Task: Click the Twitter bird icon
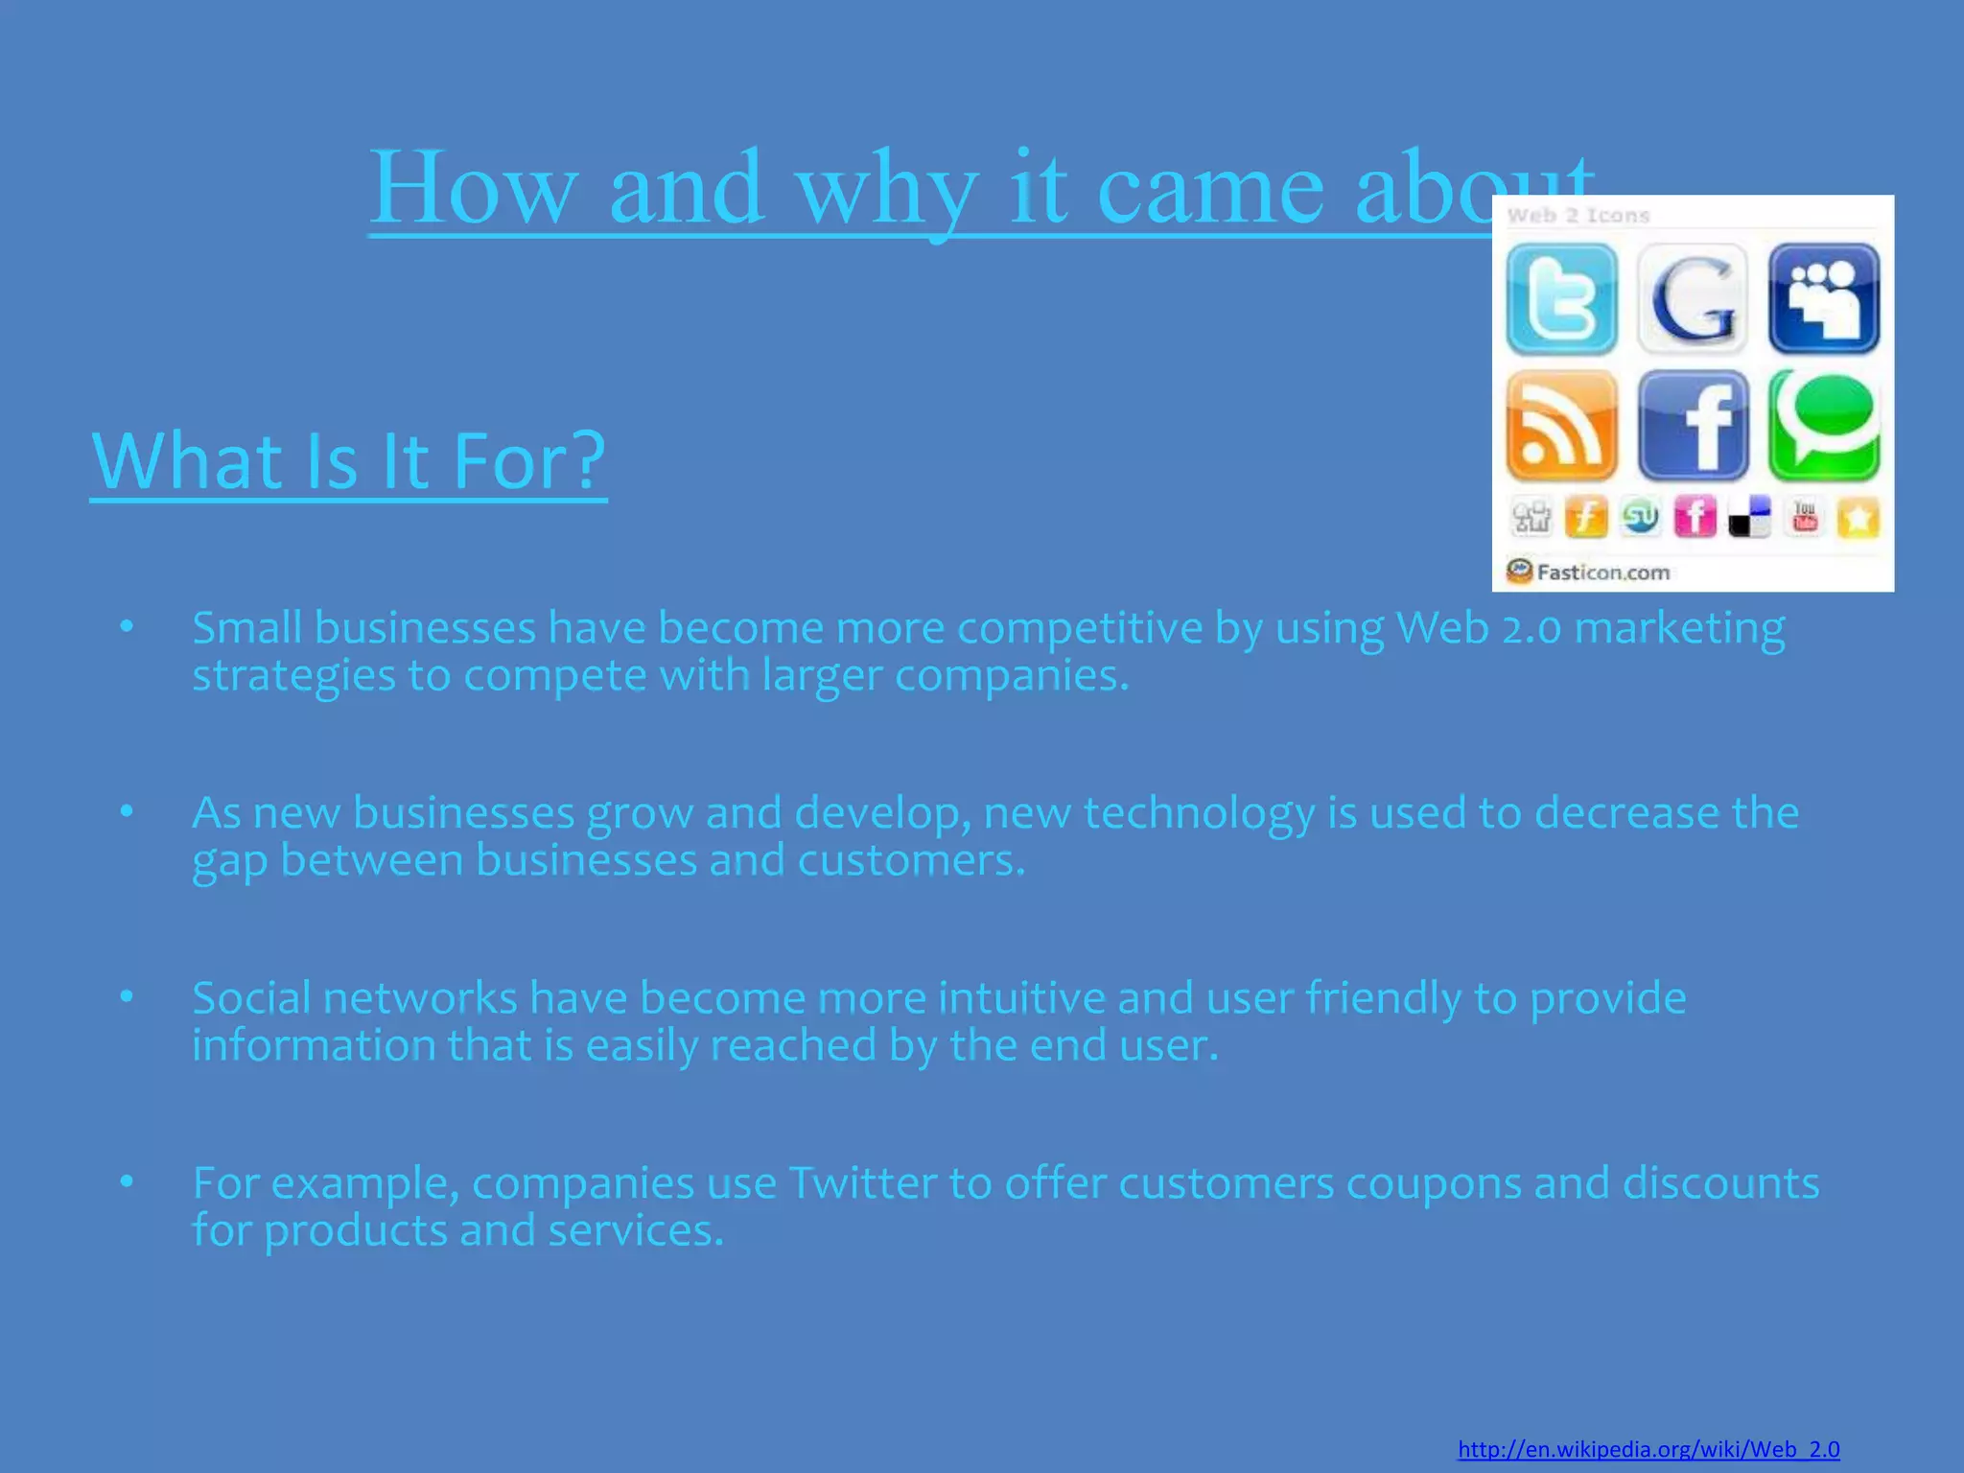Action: [1561, 298]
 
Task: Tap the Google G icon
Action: [1693, 298]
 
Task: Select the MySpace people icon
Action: [1824, 298]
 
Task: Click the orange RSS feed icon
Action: [1561, 426]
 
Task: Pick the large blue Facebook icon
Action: [1693, 426]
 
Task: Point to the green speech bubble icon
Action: [1824, 426]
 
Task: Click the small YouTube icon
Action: [1805, 518]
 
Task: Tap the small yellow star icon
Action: [1859, 519]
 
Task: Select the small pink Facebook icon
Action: [1695, 518]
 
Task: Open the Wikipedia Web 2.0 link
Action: [1648, 1449]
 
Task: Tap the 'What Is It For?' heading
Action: [348, 462]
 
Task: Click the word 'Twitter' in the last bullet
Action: [862, 1183]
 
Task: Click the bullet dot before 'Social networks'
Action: [127, 997]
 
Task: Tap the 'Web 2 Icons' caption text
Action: [1578, 216]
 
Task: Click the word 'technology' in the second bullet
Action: [1199, 813]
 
